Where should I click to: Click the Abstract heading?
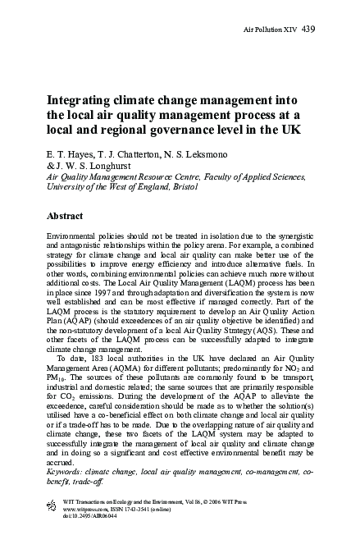pyautogui.click(x=70, y=217)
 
